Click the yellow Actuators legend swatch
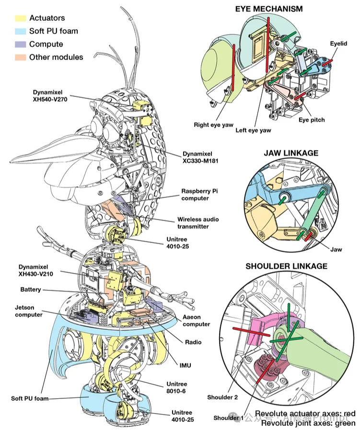pyautogui.click(x=20, y=18)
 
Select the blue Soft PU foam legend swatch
pyautogui.click(x=20, y=31)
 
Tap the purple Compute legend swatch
pyautogui.click(x=20, y=44)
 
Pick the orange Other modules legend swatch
pyautogui.click(x=20, y=57)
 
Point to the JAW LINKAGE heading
pyautogui.click(x=291, y=153)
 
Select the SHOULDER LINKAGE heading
pyautogui.click(x=286, y=266)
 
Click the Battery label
pyautogui.click(x=31, y=290)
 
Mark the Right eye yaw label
pyautogui.click(x=213, y=125)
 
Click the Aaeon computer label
pyautogui.click(x=197, y=321)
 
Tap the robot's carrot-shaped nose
pyautogui.click(x=48, y=156)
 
